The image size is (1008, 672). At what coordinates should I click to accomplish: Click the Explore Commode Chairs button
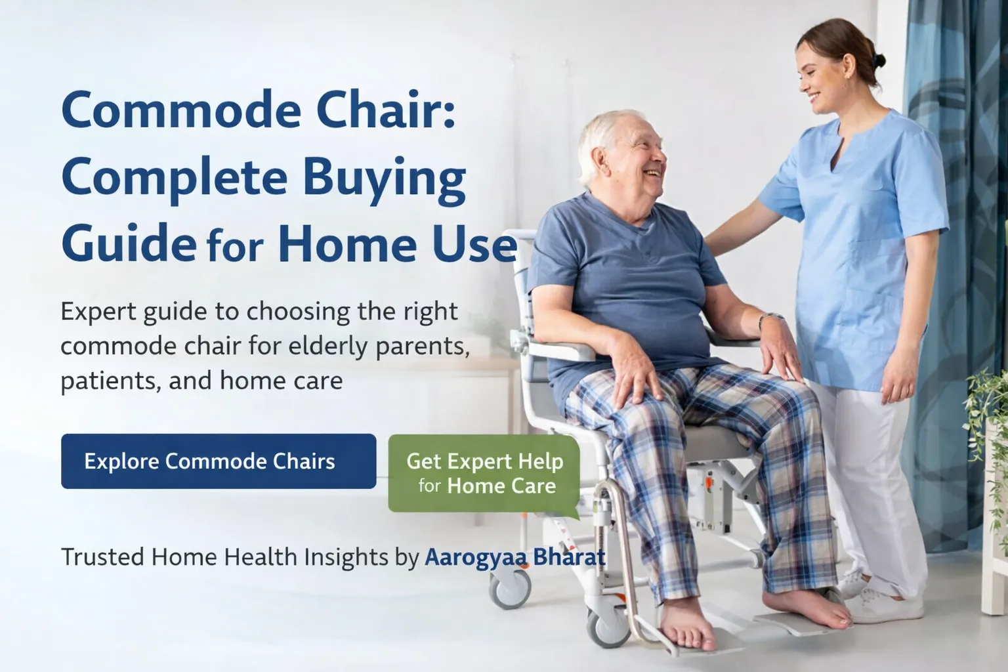click(x=218, y=461)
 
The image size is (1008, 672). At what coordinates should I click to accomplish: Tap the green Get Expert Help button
click(x=484, y=473)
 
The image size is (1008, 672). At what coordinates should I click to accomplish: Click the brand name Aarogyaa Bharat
click(x=515, y=557)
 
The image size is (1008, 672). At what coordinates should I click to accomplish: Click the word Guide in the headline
click(x=128, y=243)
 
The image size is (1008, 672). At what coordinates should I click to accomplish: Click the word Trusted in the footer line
click(x=102, y=557)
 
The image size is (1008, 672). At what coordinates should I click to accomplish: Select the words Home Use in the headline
click(x=397, y=243)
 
